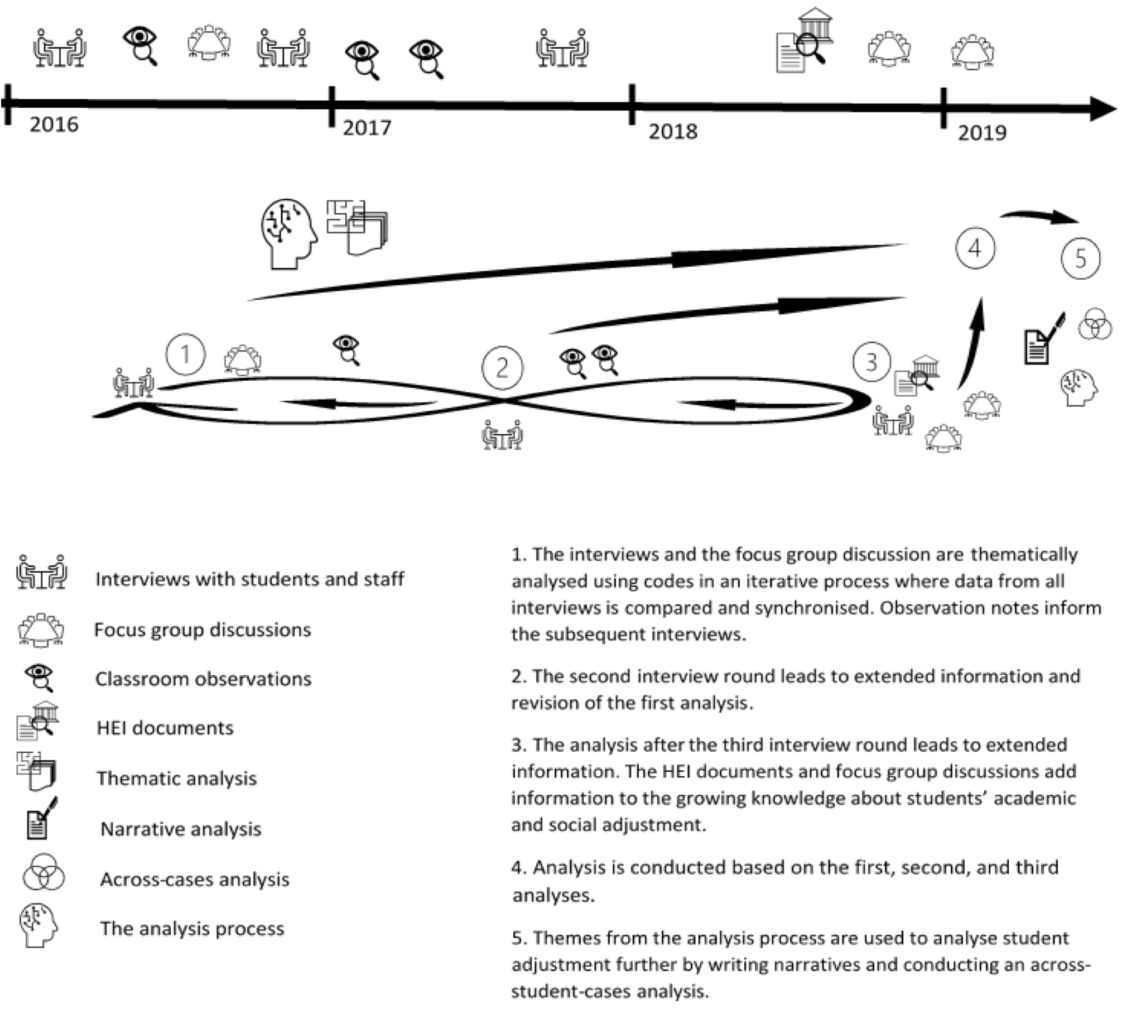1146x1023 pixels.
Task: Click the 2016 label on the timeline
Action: (x=54, y=125)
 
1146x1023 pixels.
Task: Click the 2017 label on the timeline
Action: (x=367, y=128)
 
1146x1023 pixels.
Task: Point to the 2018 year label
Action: (x=673, y=132)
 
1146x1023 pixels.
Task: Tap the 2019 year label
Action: (x=982, y=133)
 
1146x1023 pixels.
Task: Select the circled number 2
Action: (x=503, y=368)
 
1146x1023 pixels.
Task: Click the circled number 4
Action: (x=975, y=248)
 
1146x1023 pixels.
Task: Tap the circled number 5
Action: (x=1080, y=258)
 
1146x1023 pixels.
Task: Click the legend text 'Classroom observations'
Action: (x=203, y=679)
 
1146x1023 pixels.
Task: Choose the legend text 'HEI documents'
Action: (x=165, y=728)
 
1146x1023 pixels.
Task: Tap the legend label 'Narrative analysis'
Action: (x=181, y=829)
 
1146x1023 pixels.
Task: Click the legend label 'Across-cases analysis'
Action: (x=195, y=880)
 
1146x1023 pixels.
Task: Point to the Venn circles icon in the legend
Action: (x=44, y=873)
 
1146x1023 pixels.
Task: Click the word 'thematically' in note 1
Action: (x=1024, y=555)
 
